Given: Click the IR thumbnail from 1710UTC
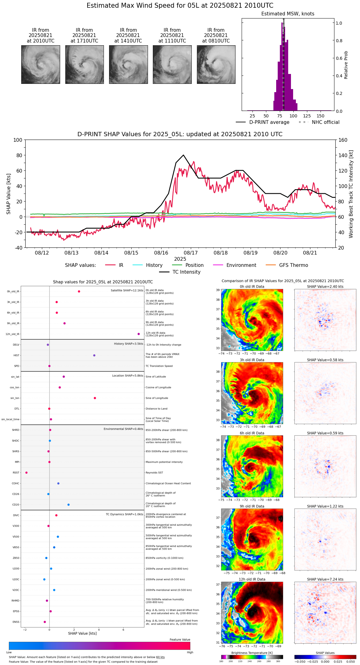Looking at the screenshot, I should [x=84, y=64].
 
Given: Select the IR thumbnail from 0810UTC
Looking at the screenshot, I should [x=216, y=64].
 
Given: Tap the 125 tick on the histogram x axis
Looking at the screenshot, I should [x=307, y=116].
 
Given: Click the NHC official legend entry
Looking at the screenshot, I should [x=325, y=122].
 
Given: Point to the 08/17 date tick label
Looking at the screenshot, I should [x=191, y=253].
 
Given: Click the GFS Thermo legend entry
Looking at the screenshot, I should [x=293, y=265].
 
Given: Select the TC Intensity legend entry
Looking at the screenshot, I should [x=186, y=272].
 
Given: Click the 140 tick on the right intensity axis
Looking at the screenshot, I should [x=343, y=155].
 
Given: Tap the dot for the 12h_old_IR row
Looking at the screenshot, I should [x=139, y=334].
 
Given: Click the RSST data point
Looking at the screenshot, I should [x=26, y=473].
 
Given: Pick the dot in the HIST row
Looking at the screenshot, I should [x=94, y=355].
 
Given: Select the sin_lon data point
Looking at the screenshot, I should [x=95, y=398].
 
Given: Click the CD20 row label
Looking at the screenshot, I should [x=16, y=505].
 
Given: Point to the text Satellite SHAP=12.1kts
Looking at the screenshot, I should [x=127, y=291].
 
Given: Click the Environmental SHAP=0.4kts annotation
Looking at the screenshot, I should [x=123, y=429].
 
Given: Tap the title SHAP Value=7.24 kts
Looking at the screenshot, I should [x=325, y=579].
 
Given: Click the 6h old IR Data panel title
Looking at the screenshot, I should [x=252, y=433].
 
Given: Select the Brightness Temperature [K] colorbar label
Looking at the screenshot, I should [x=252, y=653].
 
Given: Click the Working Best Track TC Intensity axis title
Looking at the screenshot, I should [x=351, y=194].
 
